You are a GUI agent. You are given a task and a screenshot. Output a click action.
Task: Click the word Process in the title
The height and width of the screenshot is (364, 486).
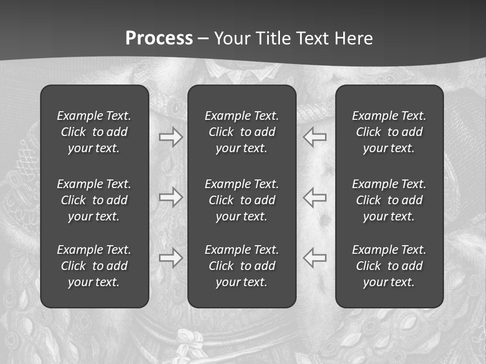coord(159,38)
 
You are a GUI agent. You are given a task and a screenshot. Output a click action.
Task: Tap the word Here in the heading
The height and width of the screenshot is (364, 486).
coord(353,38)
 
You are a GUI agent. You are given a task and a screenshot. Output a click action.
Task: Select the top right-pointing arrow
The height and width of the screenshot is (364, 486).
coord(171,137)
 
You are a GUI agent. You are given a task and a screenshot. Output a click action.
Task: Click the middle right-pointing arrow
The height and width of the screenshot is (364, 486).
coord(171,197)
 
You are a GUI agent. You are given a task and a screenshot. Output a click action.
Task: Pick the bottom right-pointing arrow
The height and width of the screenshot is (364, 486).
coord(171,257)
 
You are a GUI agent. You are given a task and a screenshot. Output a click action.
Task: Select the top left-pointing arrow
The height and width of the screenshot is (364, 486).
coord(314,137)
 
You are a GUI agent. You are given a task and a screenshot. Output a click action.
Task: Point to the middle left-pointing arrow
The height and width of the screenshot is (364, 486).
coord(314,197)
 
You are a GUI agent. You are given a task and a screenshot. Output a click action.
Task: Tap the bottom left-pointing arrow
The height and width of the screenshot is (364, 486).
coord(314,257)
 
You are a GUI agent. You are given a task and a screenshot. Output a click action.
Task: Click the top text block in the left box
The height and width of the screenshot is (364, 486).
coord(94,132)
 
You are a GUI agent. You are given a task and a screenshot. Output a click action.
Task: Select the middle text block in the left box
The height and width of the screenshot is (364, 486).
coord(94,200)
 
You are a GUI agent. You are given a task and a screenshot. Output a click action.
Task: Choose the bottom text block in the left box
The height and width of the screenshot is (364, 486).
coord(94,266)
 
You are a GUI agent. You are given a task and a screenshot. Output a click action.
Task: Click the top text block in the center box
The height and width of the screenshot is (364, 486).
coord(241,132)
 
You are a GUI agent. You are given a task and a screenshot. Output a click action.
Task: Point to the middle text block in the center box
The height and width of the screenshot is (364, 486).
coord(241,200)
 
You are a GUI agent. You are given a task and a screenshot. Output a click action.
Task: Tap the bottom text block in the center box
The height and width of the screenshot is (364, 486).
coord(241,266)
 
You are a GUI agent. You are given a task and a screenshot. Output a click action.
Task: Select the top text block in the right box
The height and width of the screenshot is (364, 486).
coord(389,132)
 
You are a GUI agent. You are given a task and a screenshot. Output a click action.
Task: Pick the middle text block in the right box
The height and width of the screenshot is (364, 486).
coord(389,200)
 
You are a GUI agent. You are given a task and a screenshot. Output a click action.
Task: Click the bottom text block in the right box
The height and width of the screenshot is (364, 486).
coord(389,266)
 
